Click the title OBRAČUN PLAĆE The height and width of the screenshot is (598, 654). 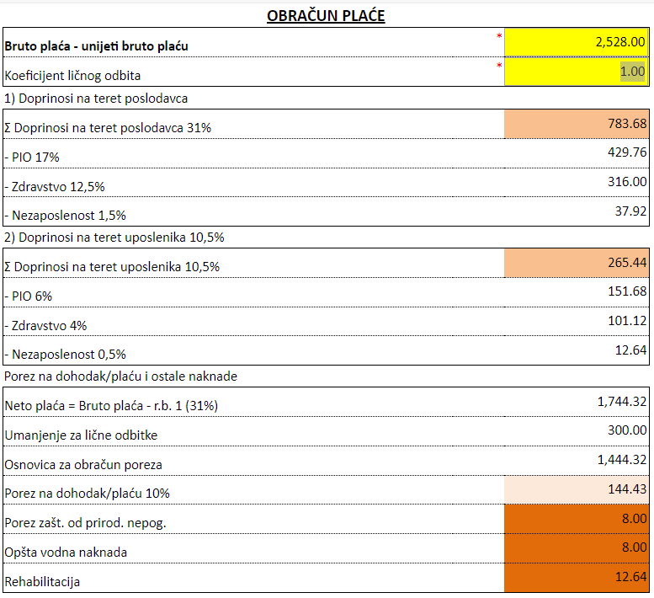point(326,16)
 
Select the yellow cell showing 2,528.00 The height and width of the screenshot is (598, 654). point(577,42)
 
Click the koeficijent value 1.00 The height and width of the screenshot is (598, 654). point(632,72)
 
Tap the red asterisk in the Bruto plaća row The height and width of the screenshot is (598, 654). point(499,36)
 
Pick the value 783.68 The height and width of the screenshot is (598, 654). point(627,124)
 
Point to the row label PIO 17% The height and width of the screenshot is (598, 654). point(32,158)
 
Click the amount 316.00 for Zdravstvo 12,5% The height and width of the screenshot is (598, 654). point(627,182)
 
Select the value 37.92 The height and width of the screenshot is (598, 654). point(630,211)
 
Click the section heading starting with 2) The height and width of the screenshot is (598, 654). point(114,238)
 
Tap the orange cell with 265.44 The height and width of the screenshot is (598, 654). point(577,263)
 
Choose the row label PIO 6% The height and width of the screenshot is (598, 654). point(29,296)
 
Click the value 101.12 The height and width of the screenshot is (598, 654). point(627,321)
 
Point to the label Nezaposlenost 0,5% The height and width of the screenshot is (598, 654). point(65,355)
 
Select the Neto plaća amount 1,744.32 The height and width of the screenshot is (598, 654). point(622,402)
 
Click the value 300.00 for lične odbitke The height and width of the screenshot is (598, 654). point(627,430)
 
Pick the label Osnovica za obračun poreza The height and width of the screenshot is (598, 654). point(83,465)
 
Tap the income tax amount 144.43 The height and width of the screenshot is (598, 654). point(627,489)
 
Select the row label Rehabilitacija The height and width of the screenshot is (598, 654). point(42,582)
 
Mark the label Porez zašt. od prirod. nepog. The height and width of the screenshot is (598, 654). point(86,523)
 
